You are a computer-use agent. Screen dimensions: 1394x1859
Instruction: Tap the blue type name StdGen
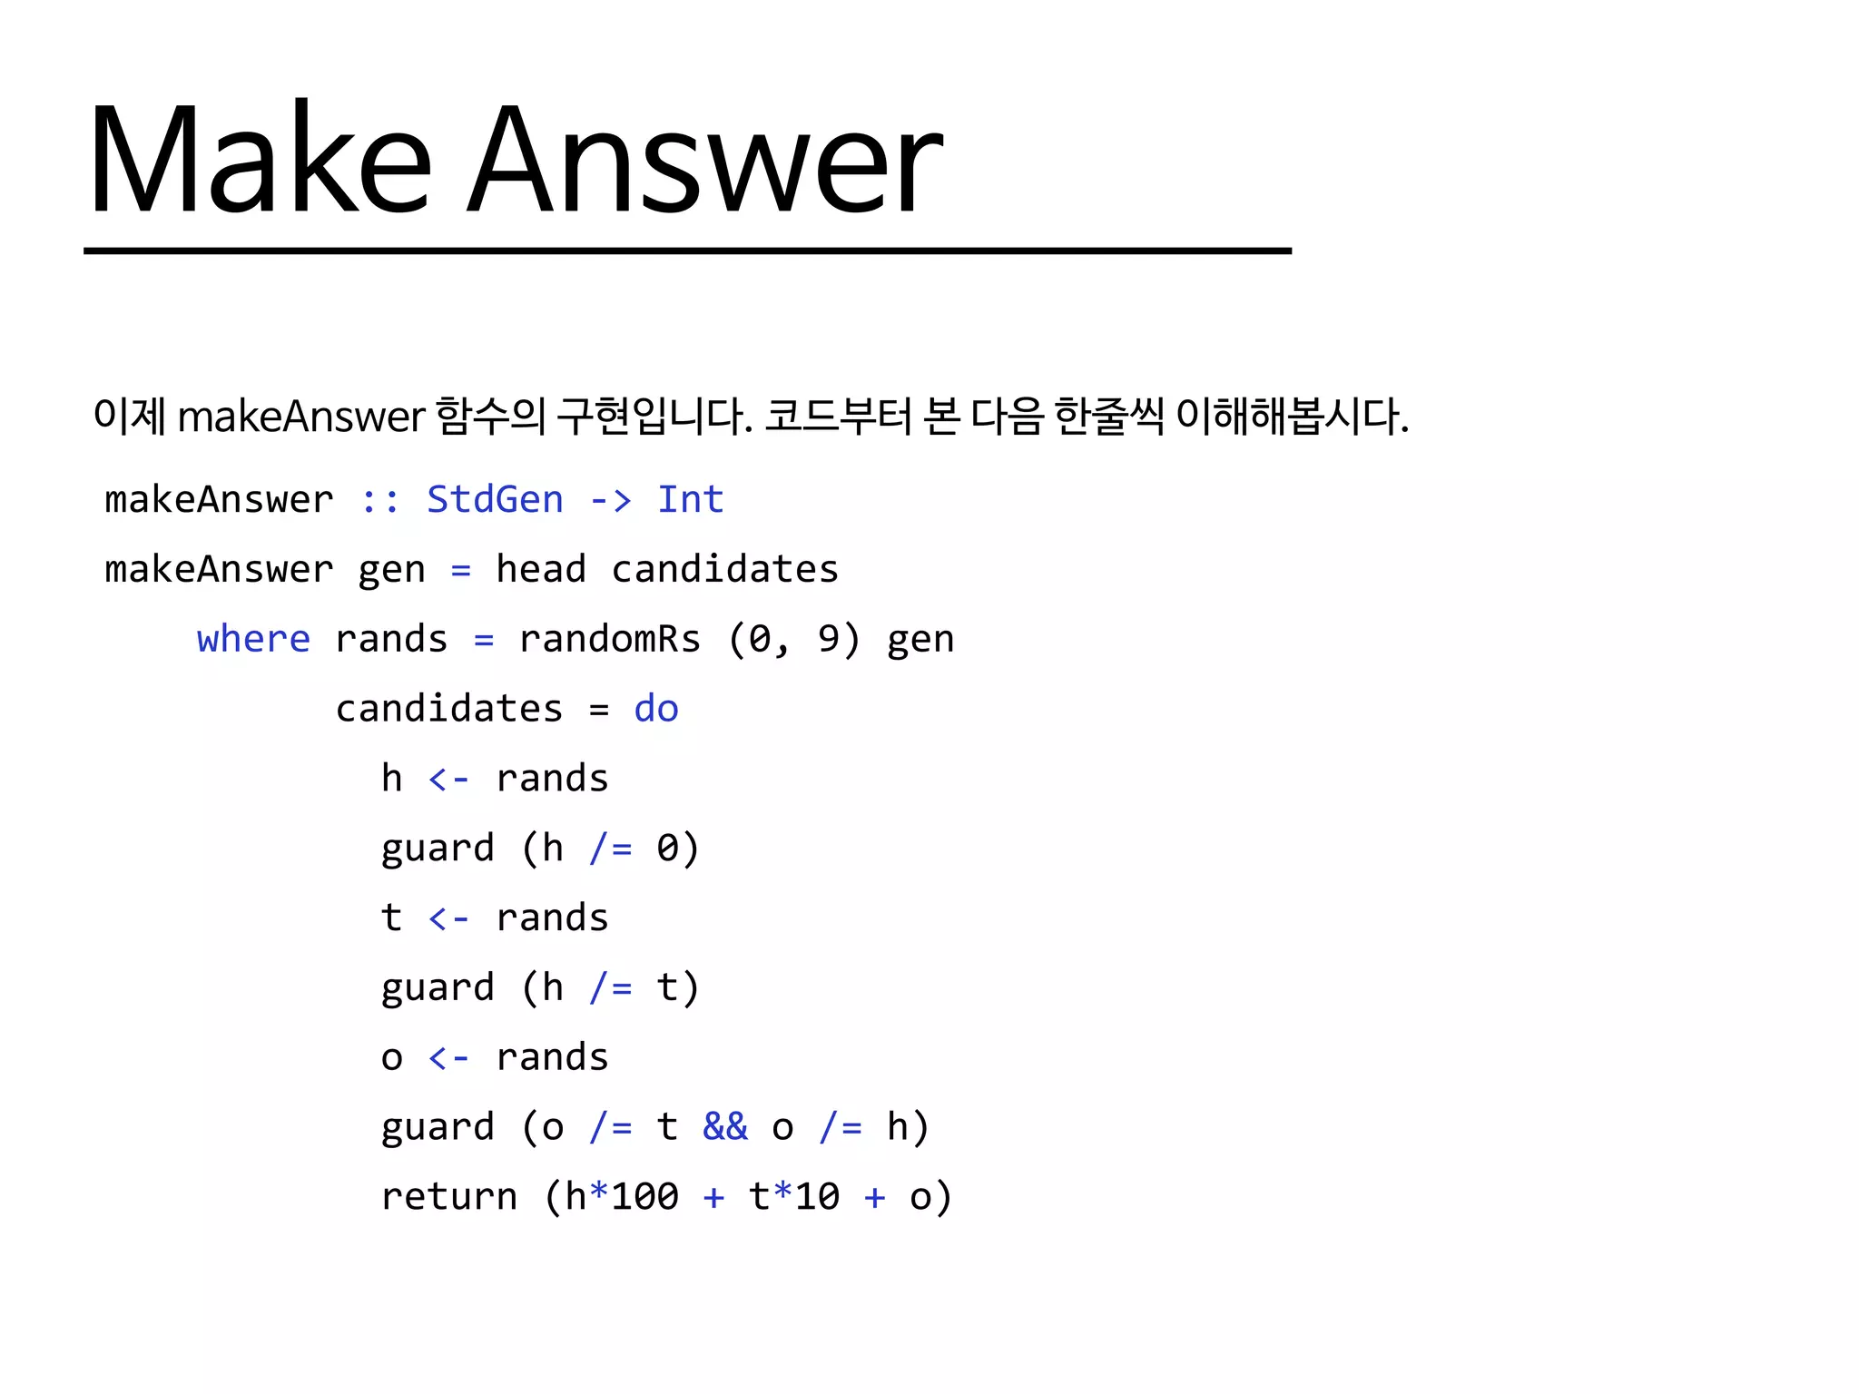495,500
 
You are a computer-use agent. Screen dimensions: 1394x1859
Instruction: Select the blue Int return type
690,500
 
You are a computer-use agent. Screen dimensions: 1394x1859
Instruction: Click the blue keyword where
253,640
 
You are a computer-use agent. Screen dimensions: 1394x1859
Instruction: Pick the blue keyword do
655,709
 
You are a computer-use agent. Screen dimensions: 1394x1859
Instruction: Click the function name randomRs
609,640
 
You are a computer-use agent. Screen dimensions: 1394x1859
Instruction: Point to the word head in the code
540,570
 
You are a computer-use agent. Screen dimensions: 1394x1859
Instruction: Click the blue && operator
724,1127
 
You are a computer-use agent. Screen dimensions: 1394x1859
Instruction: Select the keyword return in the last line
448,1197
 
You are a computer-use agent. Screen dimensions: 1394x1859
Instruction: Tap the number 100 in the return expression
644,1197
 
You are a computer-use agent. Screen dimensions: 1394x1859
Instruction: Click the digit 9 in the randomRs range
828,640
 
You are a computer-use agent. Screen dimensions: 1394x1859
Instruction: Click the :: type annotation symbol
379,500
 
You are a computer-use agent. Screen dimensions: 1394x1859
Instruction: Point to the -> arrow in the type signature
610,500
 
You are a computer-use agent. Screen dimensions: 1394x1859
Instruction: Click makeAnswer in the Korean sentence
300,417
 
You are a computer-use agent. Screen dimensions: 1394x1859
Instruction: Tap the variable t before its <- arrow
391,918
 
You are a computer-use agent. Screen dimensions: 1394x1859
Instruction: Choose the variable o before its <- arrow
391,1058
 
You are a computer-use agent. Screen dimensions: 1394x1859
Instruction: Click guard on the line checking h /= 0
438,849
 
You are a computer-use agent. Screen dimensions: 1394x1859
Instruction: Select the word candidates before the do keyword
448,709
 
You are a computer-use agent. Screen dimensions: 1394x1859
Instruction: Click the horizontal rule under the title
687,250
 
